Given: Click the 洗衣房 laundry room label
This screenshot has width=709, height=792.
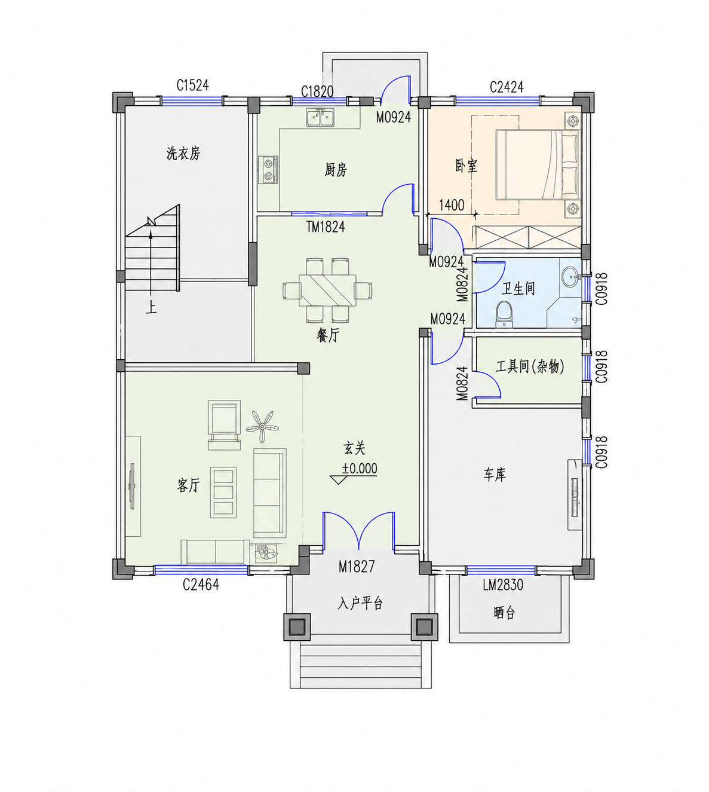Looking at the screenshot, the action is (183, 153).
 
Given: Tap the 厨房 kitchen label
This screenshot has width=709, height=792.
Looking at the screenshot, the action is (336, 170).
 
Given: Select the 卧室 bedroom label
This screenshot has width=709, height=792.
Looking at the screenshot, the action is (466, 166).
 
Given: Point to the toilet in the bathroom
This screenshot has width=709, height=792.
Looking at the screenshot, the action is (504, 314).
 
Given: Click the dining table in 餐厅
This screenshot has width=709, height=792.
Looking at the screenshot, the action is (327, 290).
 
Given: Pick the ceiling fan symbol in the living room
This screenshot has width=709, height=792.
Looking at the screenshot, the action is (262, 426).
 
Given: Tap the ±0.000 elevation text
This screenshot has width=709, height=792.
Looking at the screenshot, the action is (360, 468).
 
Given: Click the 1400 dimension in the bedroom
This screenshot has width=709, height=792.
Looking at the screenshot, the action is (452, 205).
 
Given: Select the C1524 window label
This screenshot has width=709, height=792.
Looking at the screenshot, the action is (192, 85).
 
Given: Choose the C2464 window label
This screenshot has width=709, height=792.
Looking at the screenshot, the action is (201, 585).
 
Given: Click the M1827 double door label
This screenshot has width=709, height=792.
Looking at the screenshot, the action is (357, 566).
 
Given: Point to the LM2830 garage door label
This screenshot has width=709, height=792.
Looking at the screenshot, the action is (503, 585).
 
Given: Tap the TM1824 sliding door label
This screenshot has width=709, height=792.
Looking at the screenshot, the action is (326, 227).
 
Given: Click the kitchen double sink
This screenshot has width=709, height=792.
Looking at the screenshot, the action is (320, 117).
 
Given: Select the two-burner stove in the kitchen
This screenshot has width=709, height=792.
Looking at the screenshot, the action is (268, 170).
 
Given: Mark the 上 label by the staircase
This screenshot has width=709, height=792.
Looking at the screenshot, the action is (151, 308).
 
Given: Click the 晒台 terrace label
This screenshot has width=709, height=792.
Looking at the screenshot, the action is (504, 613).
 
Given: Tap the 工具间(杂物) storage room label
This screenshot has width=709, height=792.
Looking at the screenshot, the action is (530, 366).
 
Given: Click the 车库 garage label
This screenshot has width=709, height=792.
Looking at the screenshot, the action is (495, 474).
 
